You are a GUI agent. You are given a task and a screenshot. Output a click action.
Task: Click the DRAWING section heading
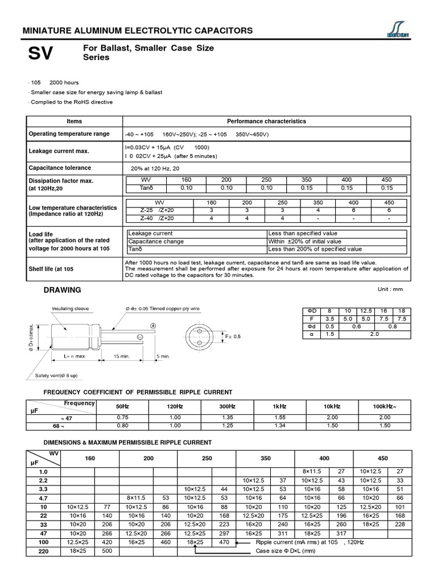click(x=63, y=290)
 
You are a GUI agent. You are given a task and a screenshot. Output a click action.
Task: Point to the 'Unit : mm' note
click(x=390, y=289)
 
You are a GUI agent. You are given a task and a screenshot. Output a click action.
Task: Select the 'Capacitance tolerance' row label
click(x=60, y=168)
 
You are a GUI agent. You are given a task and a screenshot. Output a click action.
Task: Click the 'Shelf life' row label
click(x=51, y=269)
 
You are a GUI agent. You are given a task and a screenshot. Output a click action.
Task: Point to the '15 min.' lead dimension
click(x=121, y=356)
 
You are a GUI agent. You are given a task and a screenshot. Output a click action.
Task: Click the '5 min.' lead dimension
click(x=163, y=356)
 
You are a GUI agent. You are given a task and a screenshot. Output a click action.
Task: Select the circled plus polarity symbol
click(x=153, y=325)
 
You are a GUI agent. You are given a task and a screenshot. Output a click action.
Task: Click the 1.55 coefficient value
click(x=280, y=417)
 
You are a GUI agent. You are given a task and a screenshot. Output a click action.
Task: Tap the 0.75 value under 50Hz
click(x=122, y=417)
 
